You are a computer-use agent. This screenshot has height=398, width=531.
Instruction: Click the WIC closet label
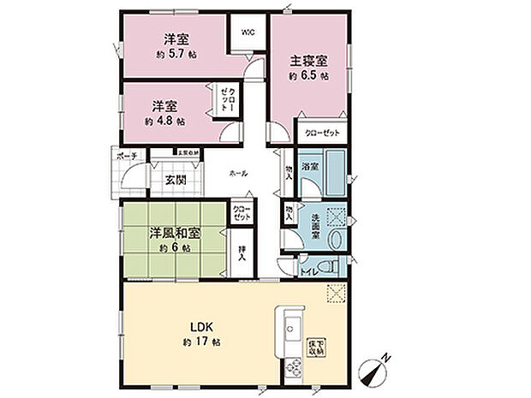coord(248,33)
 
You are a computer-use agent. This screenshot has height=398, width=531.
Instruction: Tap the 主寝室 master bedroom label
coord(309,62)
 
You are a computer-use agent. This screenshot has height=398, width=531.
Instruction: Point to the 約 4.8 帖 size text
coord(164,122)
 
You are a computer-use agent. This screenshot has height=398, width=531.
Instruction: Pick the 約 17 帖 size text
coord(201,342)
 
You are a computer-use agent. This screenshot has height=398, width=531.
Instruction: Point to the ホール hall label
coord(239,174)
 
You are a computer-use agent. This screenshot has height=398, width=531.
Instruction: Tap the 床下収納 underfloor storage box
coord(316,346)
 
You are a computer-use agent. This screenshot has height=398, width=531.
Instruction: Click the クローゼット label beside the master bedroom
coord(320,133)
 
